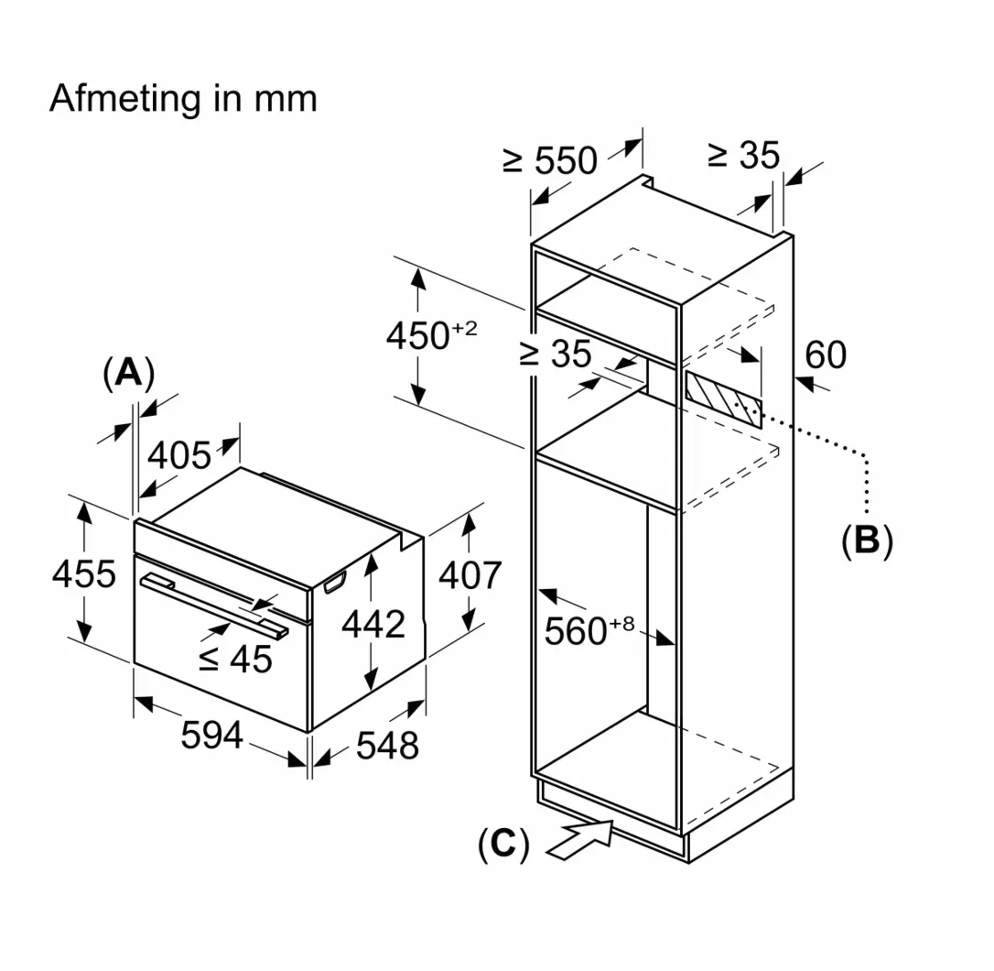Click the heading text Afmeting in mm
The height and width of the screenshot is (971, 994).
(x=183, y=99)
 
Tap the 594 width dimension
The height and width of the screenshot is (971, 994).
(x=211, y=736)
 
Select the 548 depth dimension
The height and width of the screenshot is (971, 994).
(x=387, y=745)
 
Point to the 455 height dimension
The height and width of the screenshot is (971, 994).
(x=83, y=573)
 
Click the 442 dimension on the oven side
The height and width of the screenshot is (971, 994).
(x=373, y=624)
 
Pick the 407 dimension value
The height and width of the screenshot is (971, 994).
(x=470, y=575)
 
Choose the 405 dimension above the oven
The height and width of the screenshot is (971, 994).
(x=179, y=455)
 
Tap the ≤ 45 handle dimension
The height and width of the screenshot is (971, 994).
(x=235, y=658)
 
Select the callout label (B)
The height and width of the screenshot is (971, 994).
(x=867, y=540)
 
